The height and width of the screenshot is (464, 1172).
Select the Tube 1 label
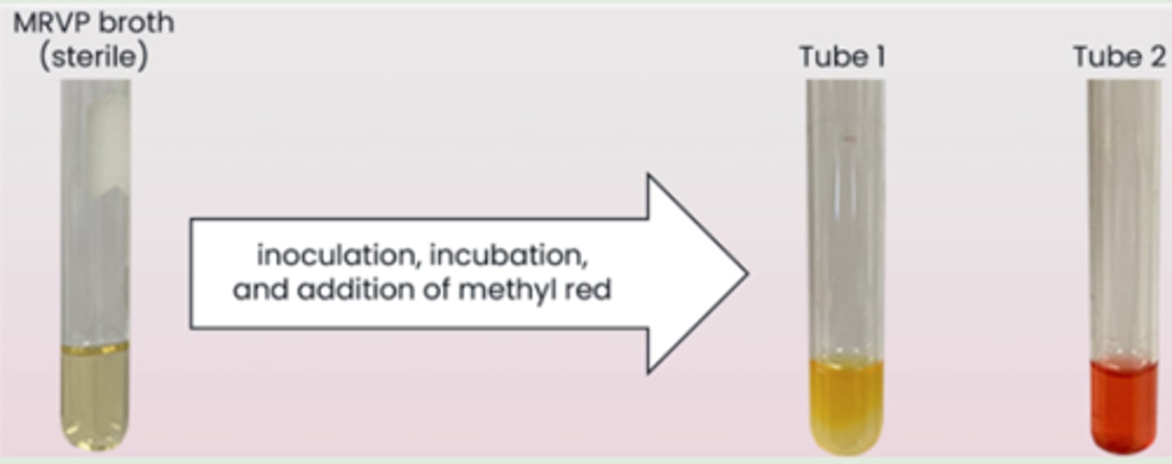coord(842,57)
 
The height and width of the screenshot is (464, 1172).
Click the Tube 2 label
coord(1118,57)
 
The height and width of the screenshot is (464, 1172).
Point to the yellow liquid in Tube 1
coord(846,399)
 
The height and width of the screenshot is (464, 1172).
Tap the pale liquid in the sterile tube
coord(95,395)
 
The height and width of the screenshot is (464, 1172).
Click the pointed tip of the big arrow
coord(745,274)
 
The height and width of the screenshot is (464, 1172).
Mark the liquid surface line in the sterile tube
coord(95,348)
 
